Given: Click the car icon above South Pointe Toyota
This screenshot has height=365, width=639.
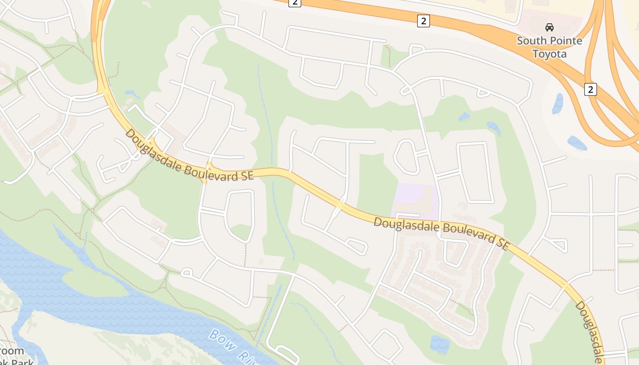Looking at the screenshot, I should (550, 27).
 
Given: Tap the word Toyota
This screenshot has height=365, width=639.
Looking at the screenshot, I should (550, 54).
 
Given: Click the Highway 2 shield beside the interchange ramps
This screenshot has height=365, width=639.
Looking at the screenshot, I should (590, 89).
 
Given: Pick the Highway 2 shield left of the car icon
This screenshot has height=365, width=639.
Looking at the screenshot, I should (424, 21).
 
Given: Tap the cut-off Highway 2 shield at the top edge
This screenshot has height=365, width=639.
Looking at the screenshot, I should (295, 3).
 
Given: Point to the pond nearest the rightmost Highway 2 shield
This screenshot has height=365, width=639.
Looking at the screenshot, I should (558, 104).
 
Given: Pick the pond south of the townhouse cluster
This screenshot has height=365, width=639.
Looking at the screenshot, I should (439, 344).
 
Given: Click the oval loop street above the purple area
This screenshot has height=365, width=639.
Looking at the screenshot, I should (406, 156).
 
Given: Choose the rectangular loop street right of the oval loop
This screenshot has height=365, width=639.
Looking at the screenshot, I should (475, 173).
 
